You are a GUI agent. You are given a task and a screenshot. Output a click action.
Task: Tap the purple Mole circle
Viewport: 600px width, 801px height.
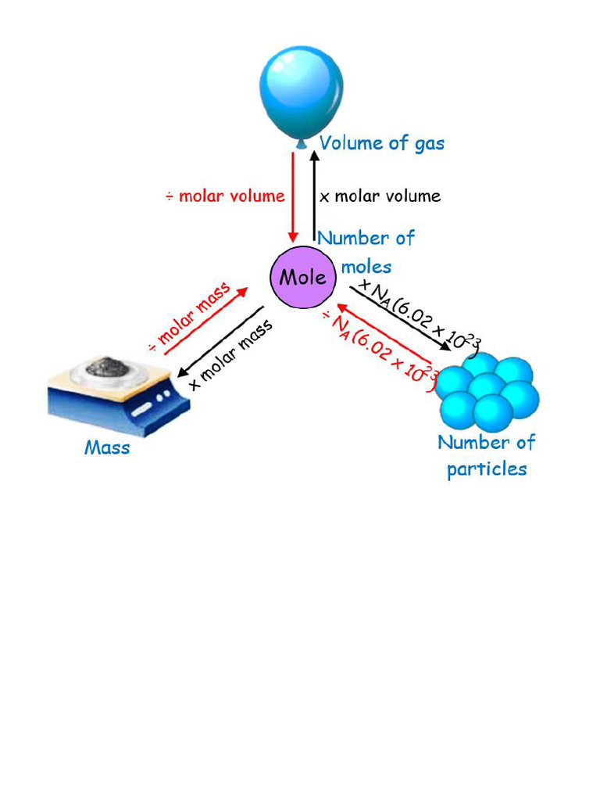coord(302,277)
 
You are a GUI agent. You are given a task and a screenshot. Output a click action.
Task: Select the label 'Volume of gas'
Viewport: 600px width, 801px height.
coord(382,143)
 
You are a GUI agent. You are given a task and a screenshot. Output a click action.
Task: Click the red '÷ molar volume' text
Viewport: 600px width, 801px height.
coord(225,196)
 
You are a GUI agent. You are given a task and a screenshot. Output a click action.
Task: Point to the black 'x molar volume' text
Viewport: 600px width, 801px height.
coord(380,196)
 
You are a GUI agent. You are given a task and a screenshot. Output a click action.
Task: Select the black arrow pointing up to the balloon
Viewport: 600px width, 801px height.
coord(314,196)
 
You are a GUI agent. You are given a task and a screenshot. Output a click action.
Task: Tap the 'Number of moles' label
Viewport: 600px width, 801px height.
coord(366,250)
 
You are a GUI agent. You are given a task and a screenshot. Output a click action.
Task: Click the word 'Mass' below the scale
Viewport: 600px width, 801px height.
coord(107,448)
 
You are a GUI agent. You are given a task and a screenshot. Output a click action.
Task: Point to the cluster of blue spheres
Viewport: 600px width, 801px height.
coord(486,388)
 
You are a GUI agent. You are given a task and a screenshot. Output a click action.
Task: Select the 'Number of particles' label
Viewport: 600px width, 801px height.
coord(486,455)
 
